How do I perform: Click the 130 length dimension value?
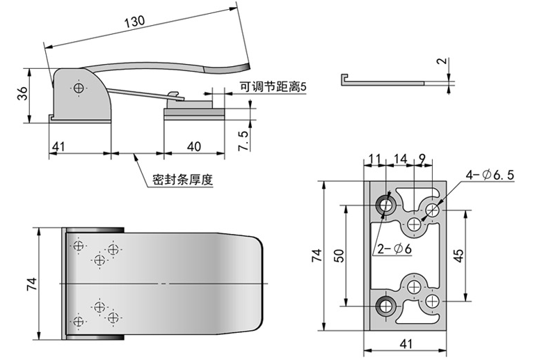pos(135,22)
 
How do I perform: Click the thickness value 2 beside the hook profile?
pos(440,62)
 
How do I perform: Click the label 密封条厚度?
pos(182,180)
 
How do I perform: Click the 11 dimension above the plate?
pos(375,159)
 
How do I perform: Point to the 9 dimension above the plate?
pos(422,159)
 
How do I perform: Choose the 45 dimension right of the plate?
pos(459,255)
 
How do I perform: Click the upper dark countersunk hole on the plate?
pos(385,205)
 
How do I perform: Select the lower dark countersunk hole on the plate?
pos(385,305)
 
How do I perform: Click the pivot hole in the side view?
pos(80,88)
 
